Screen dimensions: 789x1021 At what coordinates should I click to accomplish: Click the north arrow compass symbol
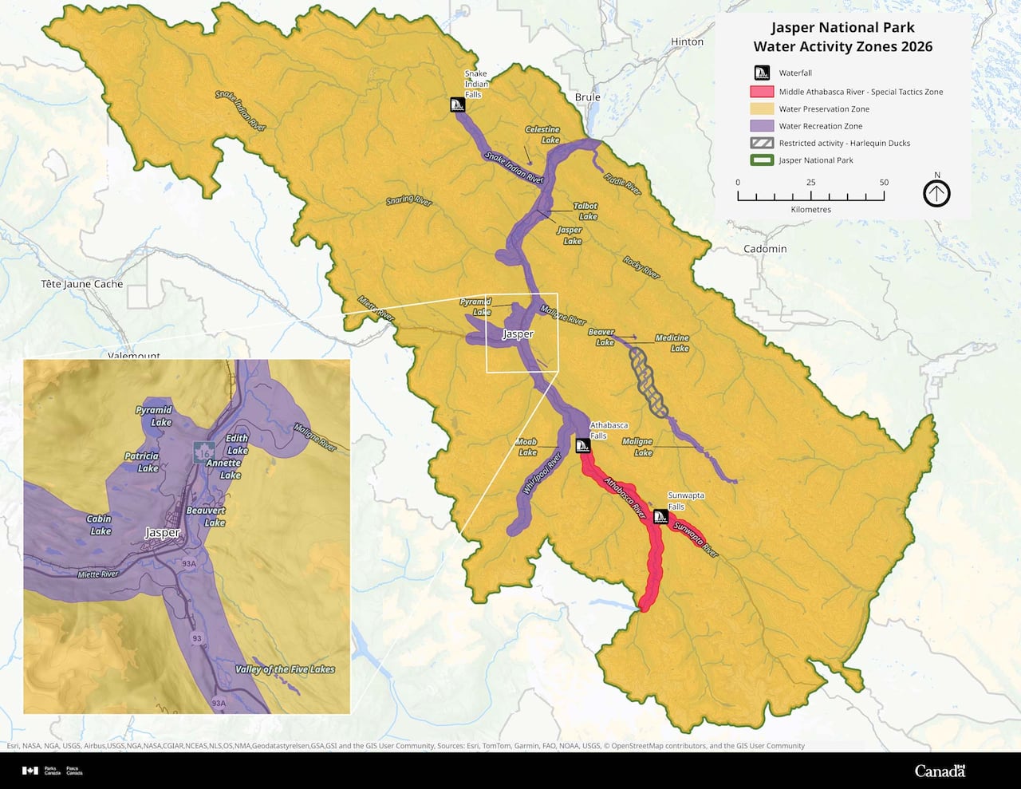(x=936, y=193)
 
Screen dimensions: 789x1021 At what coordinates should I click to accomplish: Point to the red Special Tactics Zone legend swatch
(x=763, y=92)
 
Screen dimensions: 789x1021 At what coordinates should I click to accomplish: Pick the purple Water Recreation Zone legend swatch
(x=763, y=126)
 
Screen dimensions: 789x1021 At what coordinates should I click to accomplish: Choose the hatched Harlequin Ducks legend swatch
(x=763, y=143)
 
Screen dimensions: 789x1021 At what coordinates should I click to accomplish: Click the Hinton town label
(x=687, y=41)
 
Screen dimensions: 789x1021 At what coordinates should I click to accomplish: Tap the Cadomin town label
(x=765, y=249)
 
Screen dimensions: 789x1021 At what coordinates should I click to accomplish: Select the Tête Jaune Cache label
(x=82, y=284)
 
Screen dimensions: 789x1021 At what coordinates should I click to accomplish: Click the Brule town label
(x=587, y=97)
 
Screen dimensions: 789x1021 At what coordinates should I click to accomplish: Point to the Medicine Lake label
(x=672, y=343)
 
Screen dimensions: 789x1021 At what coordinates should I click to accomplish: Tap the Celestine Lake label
(x=542, y=135)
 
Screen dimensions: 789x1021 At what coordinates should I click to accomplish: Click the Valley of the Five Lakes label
(x=285, y=669)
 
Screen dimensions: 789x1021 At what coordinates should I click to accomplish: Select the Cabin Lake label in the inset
(x=100, y=525)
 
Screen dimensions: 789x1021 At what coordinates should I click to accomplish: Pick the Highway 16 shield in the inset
(x=205, y=452)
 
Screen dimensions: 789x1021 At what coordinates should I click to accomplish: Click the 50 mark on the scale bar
(x=884, y=183)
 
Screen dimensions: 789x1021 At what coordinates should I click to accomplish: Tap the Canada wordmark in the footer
(x=940, y=771)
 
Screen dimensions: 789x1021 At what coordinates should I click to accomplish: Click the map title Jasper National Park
(x=842, y=28)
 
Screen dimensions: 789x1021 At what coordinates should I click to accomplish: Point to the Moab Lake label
(x=526, y=447)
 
